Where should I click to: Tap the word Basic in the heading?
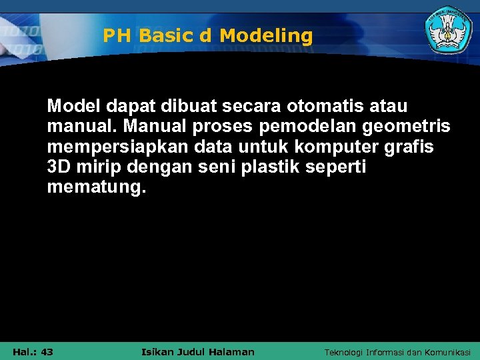[x=167, y=36]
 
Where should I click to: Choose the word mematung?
[x=95, y=189]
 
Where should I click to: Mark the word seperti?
[x=339, y=168]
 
